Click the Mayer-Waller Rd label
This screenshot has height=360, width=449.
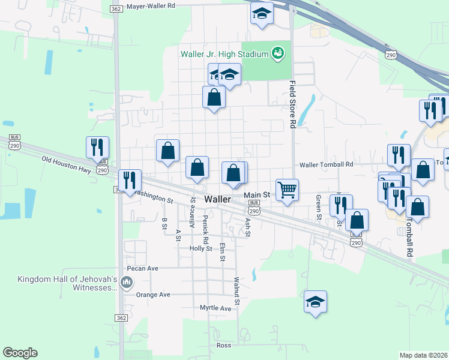150,5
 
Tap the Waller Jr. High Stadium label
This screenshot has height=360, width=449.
224,55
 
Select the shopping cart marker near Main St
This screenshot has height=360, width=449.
288,190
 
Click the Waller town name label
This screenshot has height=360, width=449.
218,199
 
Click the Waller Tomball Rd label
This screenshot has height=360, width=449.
327,164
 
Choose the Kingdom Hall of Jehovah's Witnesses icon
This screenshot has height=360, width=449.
127,281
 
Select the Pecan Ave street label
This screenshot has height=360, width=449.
142,268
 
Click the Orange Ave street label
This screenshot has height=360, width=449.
153,295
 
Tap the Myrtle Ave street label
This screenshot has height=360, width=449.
215,308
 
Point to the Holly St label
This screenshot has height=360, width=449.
200,248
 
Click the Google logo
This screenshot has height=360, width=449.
20,353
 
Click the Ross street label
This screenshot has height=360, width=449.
224,346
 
